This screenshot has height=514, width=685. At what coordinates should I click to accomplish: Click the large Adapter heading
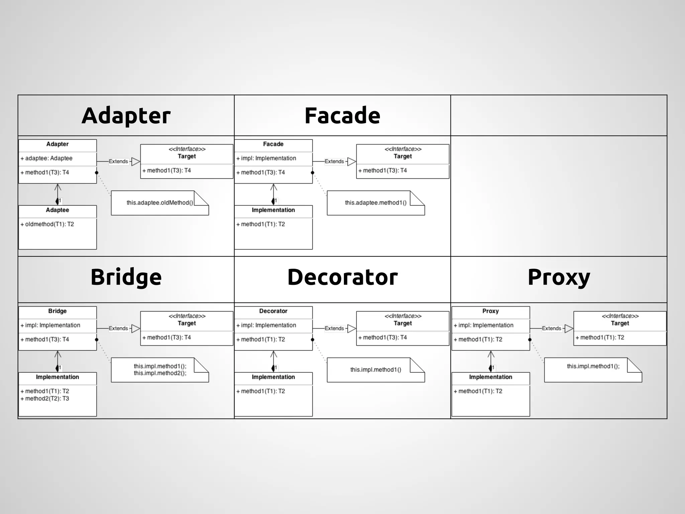pos(126,116)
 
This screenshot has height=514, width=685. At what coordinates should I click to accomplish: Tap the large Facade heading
pos(342,116)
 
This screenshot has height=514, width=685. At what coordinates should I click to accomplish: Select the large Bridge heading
pos(126,277)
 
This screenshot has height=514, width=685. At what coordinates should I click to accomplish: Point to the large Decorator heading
pos(342,277)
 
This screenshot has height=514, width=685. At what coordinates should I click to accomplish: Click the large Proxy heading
pos(559,277)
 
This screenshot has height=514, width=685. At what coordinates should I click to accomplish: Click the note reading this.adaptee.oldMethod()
pos(160,203)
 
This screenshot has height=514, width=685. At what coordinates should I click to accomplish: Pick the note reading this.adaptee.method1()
pos(376,203)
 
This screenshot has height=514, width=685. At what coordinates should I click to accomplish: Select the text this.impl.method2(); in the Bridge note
pos(160,373)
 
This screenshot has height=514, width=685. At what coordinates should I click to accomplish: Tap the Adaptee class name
pos(57,210)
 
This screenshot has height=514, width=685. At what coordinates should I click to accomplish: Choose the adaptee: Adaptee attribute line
pos(48,158)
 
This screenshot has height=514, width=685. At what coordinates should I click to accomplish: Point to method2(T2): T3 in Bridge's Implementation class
pos(47,399)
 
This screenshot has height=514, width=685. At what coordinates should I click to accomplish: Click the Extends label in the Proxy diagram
pos(552,329)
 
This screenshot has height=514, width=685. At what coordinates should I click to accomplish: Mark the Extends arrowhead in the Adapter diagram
pos(135,162)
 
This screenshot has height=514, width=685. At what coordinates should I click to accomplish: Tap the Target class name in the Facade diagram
pos(403,156)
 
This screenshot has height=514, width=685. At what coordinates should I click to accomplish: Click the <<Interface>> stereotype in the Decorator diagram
pos(403,316)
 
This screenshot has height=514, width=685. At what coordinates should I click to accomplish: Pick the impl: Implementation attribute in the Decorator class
pos(268,325)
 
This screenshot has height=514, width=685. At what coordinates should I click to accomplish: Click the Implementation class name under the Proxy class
pos(490,377)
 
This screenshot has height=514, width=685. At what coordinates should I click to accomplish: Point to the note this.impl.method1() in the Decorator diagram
pos(376,370)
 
